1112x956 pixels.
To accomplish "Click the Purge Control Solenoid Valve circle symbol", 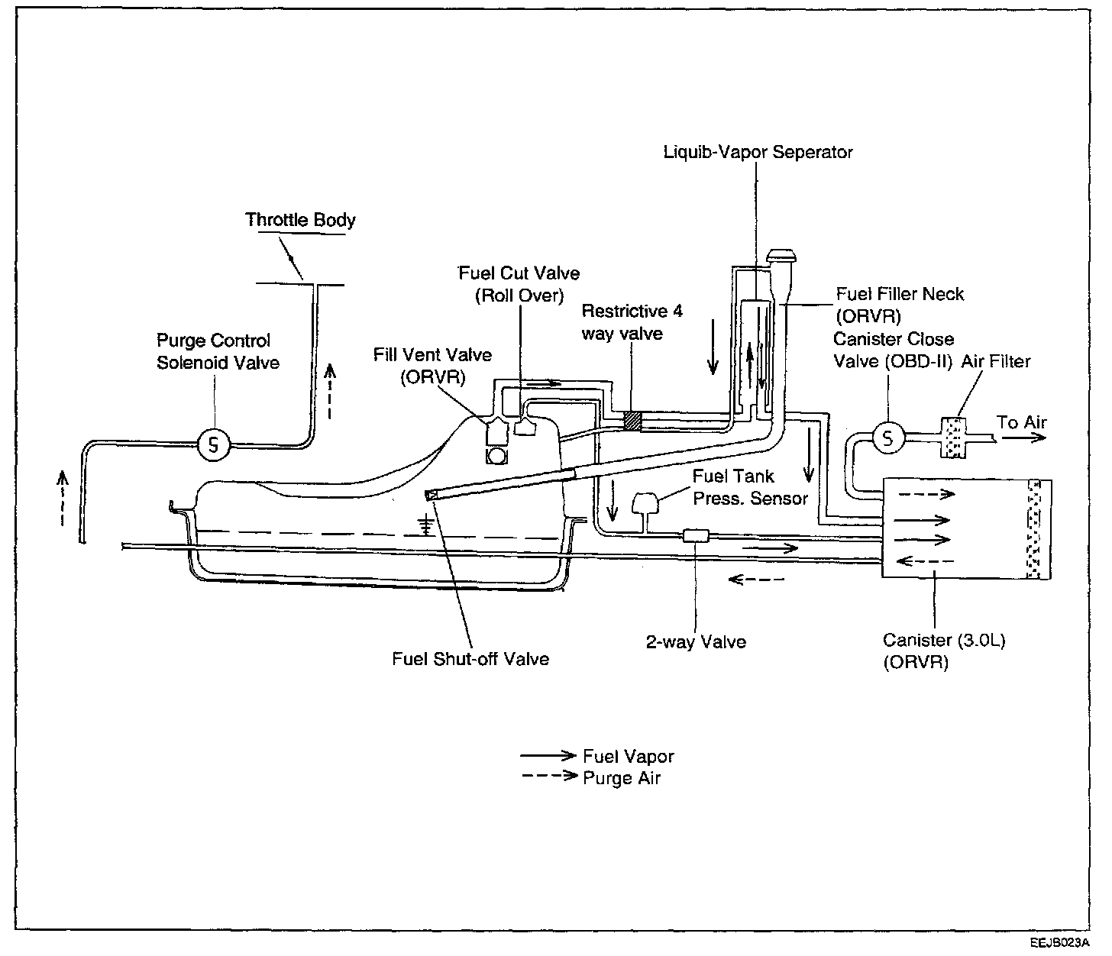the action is (x=214, y=445).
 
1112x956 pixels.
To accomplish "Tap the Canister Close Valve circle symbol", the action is (x=887, y=438).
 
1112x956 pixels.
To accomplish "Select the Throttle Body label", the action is (x=300, y=219).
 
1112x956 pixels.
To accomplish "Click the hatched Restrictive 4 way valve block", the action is (x=632, y=421).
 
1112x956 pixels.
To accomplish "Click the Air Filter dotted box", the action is (x=952, y=438).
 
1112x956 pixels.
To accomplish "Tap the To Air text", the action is (x=1021, y=422).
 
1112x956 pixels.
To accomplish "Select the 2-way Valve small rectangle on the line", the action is (x=696, y=536).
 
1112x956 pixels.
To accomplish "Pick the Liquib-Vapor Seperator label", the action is (x=758, y=152).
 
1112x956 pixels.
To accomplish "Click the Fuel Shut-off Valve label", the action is (x=470, y=659).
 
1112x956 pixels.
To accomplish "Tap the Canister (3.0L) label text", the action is (x=944, y=640).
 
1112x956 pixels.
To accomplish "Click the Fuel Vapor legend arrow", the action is (x=548, y=755).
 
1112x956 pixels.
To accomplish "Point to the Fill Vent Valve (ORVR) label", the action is (x=432, y=366).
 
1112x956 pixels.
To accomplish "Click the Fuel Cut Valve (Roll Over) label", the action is (x=519, y=284).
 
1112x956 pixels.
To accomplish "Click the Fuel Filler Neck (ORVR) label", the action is (x=900, y=305).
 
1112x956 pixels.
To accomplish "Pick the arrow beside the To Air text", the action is (x=1023, y=438).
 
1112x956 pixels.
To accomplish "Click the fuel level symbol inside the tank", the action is (x=426, y=525).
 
